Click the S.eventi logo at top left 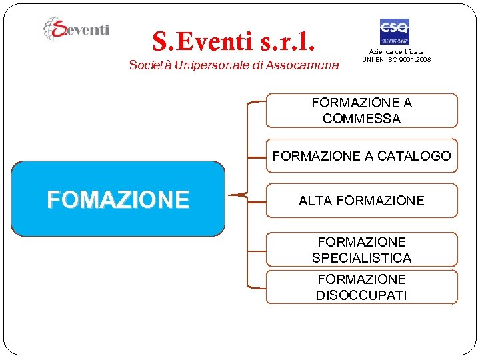pyautogui.click(x=76, y=29)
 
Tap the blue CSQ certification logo pyautogui.click(x=394, y=31)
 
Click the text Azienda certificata pyautogui.click(x=396, y=51)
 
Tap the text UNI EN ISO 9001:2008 pyautogui.click(x=396, y=59)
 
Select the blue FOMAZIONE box pyautogui.click(x=118, y=199)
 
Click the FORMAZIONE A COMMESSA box pyautogui.click(x=362, y=111)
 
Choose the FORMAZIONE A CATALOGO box pyautogui.click(x=362, y=156)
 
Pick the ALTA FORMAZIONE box pyautogui.click(x=362, y=201)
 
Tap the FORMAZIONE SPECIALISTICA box pyautogui.click(x=362, y=249)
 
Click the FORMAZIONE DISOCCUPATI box pyautogui.click(x=362, y=287)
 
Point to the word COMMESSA pyautogui.click(x=361, y=119)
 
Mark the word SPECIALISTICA pyautogui.click(x=361, y=257)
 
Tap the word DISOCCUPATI pyautogui.click(x=361, y=295)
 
